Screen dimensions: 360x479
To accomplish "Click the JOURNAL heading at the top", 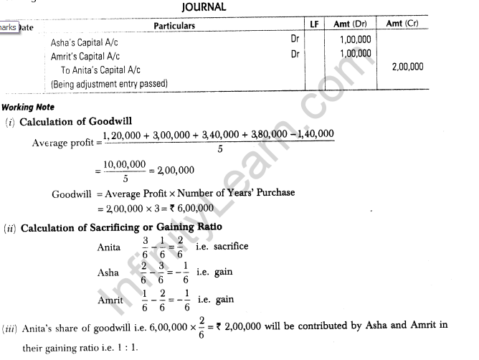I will tap(204, 7).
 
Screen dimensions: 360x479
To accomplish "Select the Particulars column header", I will tap(174, 26).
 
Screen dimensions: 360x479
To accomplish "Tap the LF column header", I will tap(314, 26).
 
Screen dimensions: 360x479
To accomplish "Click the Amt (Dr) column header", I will tap(352, 26).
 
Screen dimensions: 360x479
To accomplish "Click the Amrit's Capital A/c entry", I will tap(91, 55).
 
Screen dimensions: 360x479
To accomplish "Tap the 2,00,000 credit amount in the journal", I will tap(407, 67).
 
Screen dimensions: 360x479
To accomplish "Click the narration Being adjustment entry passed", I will tap(109, 83).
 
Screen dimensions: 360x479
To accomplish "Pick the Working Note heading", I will tap(28, 108).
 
